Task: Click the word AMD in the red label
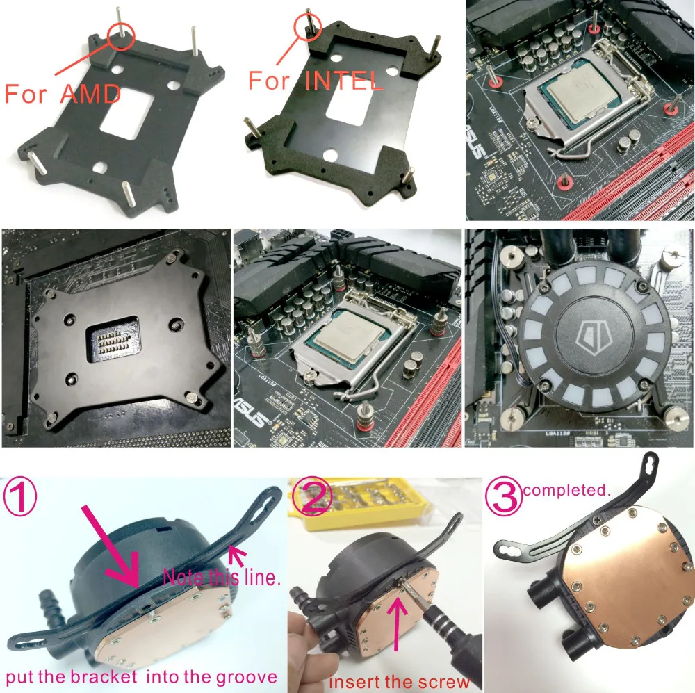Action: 91,93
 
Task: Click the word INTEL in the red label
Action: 344,80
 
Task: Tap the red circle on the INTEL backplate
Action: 306,25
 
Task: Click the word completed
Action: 566,490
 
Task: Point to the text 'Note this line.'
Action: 221,576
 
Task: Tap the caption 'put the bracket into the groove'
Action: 142,676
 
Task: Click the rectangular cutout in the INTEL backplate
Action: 345,109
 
